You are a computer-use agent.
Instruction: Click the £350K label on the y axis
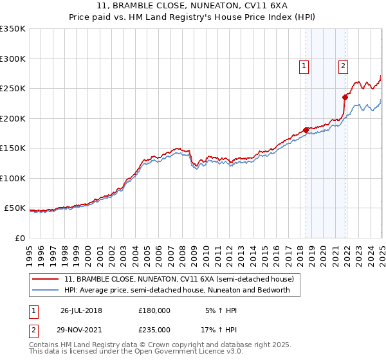coord(13,29)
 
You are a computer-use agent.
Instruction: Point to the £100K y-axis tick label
coord(13,178)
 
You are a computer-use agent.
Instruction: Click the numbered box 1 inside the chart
coord(303,64)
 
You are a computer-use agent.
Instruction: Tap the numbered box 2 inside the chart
coord(344,64)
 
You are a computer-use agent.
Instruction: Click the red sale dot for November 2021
coord(345,98)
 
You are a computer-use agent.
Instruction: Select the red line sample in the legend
coord(46,280)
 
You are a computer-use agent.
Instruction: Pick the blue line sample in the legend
coord(46,291)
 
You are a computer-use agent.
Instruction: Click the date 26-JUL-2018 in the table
coord(81,310)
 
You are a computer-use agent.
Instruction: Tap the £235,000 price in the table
coord(154,329)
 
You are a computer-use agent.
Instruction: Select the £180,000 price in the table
coord(154,310)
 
